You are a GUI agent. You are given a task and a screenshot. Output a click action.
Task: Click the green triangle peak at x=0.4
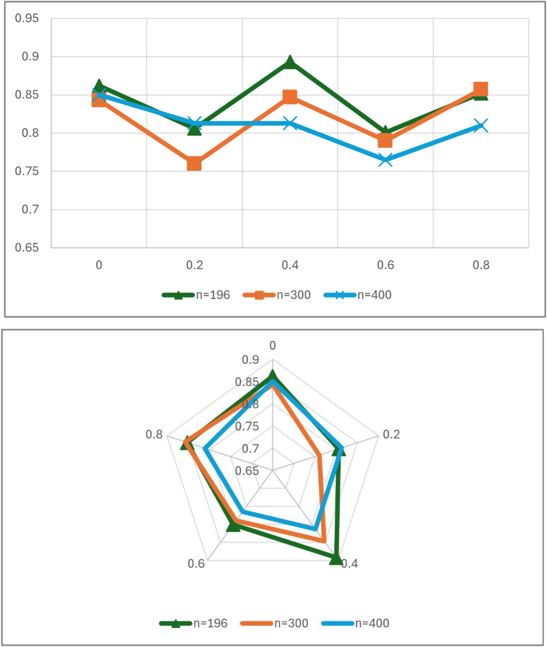pos(290,63)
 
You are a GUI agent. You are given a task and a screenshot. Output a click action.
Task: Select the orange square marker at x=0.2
pos(194,164)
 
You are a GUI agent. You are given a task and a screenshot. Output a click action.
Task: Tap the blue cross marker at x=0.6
pos(385,160)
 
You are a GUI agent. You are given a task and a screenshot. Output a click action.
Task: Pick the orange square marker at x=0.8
pos(481,89)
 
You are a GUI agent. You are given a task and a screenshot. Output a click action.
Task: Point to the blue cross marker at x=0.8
pos(481,125)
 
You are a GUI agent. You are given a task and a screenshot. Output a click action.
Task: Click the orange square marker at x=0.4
pos(290,96)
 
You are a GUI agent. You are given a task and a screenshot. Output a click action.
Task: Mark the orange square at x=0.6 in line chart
pos(385,141)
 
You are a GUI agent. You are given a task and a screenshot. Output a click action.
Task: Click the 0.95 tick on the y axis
pos(27,18)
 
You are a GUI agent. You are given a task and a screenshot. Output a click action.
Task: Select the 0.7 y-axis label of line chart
pos(30,209)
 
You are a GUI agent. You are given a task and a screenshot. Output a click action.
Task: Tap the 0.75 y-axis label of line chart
pos(27,171)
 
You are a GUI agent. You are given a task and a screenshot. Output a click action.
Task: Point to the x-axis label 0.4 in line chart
pos(290,265)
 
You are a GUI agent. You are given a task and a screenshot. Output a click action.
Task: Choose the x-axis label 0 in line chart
pos(99,265)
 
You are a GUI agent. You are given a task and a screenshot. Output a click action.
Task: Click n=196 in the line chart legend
pos(213,295)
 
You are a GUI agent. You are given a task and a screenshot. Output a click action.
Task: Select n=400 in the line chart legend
pos(374,295)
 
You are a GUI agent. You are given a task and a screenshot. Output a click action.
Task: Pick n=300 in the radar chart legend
pos(291,623)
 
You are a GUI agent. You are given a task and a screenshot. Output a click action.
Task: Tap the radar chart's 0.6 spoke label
pos(196,564)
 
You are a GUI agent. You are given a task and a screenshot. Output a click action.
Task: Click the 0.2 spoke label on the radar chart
pos(392,434)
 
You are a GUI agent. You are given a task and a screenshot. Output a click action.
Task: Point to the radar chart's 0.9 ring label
pos(250,360)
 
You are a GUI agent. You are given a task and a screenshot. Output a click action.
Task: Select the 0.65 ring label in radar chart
pos(247,471)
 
